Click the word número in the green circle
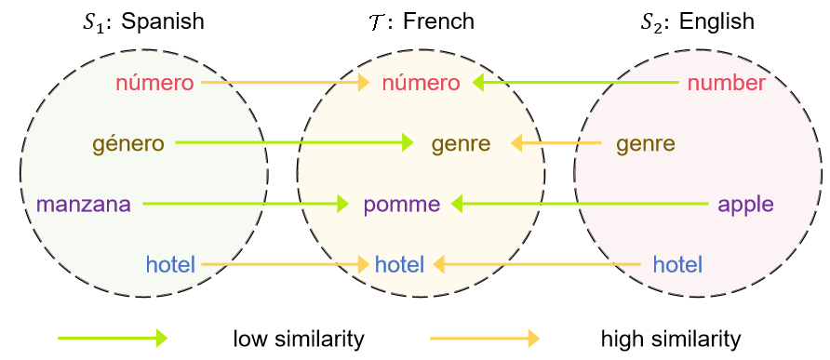point(154,83)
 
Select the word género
point(127,144)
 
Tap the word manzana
point(84,205)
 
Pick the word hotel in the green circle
point(170,264)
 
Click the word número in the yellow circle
point(421,83)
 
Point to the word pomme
point(402,205)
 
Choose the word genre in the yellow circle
point(461,144)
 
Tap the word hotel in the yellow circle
point(399,264)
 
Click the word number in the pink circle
point(727,83)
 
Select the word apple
point(745,205)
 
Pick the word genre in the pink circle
point(646,144)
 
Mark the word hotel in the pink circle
point(677,264)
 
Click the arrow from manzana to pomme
point(246,203)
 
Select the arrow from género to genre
point(294,142)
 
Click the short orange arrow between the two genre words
point(556,143)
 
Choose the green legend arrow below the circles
point(113,338)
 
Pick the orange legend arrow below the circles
point(485,338)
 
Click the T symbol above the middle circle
point(376,22)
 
